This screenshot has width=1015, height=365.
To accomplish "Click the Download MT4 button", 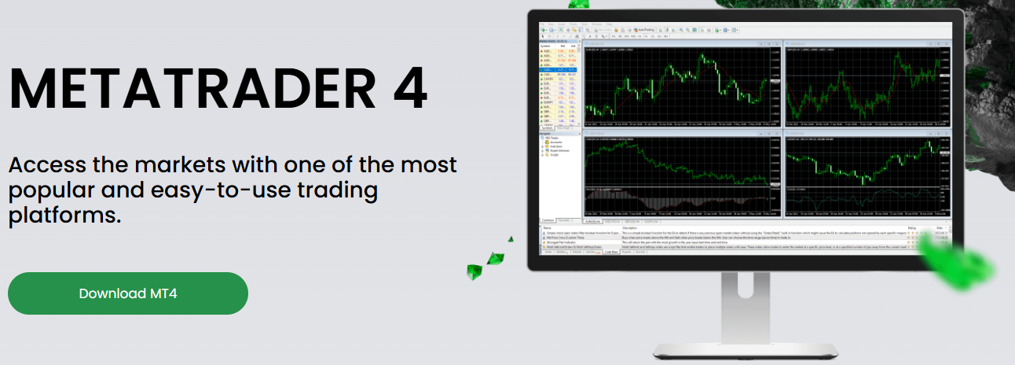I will tap(127, 293).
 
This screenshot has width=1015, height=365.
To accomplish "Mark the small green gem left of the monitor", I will tap(494, 260).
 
